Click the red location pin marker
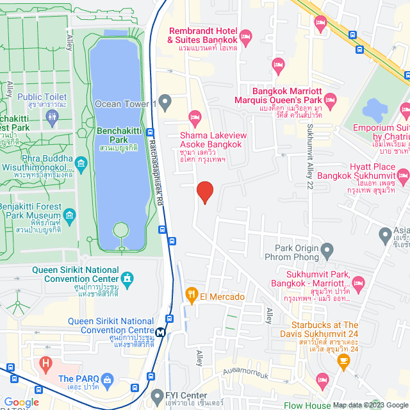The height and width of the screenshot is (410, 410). (x=204, y=192)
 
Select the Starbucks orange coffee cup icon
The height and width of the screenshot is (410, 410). (x=343, y=361)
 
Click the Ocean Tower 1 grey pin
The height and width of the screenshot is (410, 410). (x=165, y=102)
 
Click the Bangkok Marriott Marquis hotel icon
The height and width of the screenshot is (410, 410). (x=330, y=100)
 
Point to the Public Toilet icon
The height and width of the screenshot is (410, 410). (x=52, y=117)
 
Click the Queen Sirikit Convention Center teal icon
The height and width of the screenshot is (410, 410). (x=128, y=279)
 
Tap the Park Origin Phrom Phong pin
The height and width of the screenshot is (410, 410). (x=328, y=249)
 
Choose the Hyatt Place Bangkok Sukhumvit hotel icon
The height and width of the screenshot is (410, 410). (x=404, y=174)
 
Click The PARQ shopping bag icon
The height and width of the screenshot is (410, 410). (x=107, y=379)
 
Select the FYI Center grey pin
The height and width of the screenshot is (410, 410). (x=158, y=395)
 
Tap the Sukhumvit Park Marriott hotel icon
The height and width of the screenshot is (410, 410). (x=358, y=282)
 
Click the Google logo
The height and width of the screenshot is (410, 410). (x=21, y=402)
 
